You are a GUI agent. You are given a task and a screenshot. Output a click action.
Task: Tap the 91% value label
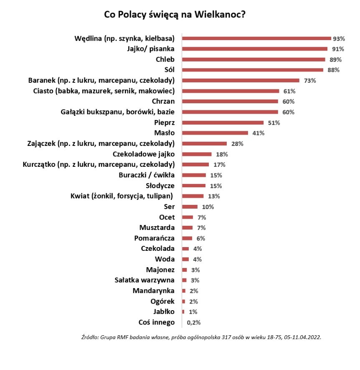337,49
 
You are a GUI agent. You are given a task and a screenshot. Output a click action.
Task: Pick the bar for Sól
253,70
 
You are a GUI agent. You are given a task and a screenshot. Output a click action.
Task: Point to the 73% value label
309,80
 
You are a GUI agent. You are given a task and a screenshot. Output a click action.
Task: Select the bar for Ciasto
231,91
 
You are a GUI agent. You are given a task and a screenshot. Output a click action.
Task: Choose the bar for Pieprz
223,122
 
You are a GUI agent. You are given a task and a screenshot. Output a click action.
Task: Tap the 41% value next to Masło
258,133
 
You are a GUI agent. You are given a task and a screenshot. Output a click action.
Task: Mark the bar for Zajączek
205,143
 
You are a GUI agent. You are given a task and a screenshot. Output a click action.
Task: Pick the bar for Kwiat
193,196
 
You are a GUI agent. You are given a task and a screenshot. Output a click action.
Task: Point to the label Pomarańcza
155,238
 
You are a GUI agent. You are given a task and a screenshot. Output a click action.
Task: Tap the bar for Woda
185,259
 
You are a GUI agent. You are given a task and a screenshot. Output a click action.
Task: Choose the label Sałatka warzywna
145,280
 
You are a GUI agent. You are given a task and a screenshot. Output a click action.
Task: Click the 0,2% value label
193,322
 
